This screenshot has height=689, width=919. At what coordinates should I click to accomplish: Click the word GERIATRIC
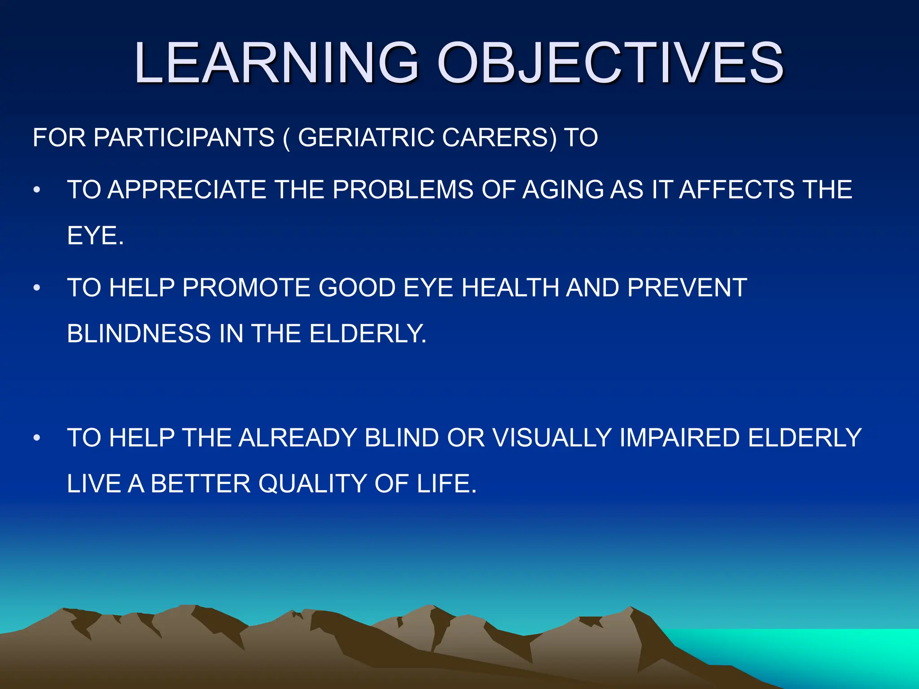point(366,137)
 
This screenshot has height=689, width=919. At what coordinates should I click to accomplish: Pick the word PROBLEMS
point(403,189)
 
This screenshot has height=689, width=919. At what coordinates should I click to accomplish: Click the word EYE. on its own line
point(95,236)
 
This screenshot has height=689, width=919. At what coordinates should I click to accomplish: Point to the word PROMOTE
point(246,288)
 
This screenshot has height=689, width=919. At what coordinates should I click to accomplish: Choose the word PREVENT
point(687,288)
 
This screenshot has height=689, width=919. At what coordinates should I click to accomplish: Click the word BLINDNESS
point(139,334)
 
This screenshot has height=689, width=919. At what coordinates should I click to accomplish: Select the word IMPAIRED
point(679,438)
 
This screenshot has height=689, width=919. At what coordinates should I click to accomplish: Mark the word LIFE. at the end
point(446,484)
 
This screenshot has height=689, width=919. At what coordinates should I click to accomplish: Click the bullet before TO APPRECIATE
point(37,190)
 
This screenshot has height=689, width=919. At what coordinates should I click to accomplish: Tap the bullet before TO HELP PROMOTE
point(37,288)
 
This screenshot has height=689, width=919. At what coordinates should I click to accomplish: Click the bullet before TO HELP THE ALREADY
point(37,439)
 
